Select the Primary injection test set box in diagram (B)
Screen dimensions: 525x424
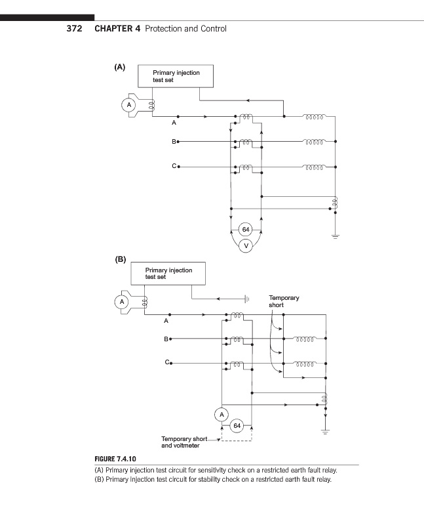click(x=168, y=273)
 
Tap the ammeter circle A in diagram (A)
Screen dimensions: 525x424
click(x=129, y=105)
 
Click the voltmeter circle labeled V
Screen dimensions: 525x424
click(x=245, y=246)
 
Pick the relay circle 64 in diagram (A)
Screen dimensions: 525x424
click(x=245, y=230)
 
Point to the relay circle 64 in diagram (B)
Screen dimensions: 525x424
click(x=237, y=426)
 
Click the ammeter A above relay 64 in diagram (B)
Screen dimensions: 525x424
click(x=222, y=414)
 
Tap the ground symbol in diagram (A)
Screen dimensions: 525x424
click(x=336, y=236)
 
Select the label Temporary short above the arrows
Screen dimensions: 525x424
click(x=284, y=301)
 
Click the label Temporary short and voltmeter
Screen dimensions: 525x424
click(x=184, y=442)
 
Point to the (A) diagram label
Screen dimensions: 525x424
click(x=119, y=67)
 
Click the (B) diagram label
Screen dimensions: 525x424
click(x=120, y=259)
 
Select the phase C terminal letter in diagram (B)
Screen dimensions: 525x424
click(x=167, y=362)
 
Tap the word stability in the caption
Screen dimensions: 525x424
click(x=212, y=479)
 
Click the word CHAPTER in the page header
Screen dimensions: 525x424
click(x=117, y=29)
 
